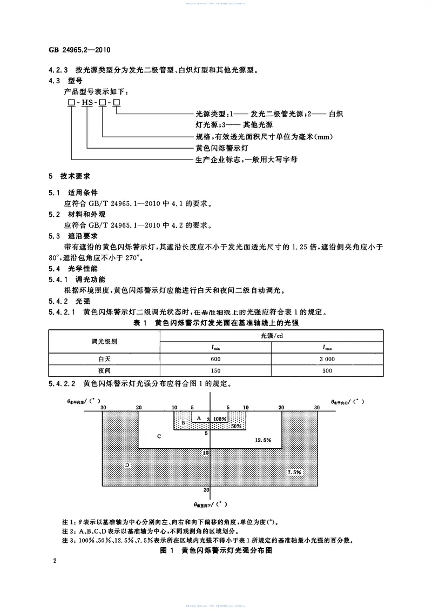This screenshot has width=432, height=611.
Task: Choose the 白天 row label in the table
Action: point(105,358)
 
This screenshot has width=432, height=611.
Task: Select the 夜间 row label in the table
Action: point(105,371)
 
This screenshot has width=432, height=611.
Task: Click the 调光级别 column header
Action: point(105,341)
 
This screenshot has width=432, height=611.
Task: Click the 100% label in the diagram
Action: point(219,419)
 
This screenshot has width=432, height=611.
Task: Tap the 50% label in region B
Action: point(235,427)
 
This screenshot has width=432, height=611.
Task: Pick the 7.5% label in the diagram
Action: point(294,472)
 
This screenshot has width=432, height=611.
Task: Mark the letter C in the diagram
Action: point(159,435)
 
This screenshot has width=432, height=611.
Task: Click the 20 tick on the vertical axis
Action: point(206,490)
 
